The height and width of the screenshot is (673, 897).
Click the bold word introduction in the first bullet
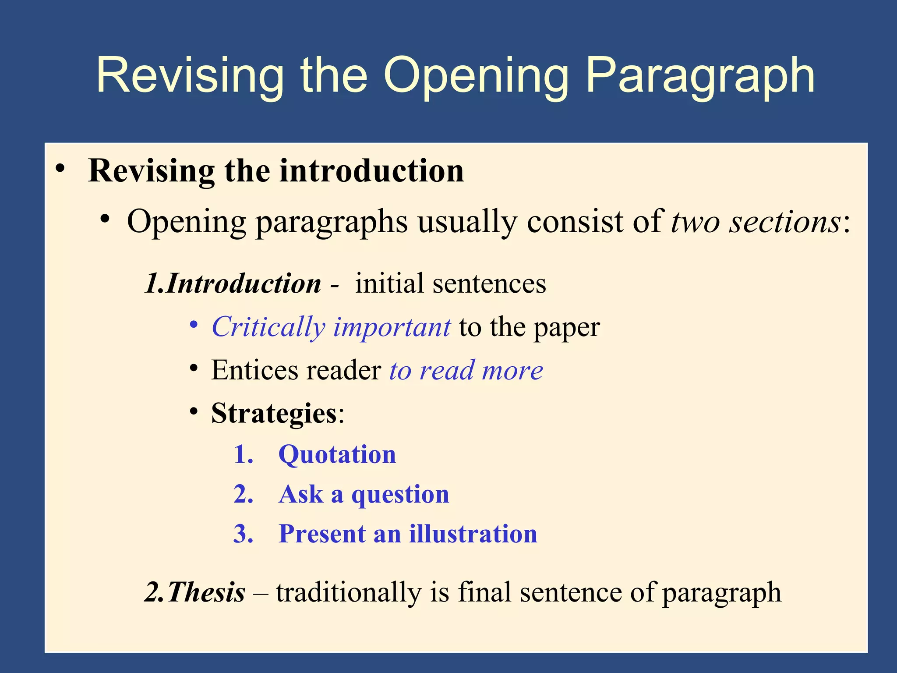coord(371,171)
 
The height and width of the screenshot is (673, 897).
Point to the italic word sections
coord(784,222)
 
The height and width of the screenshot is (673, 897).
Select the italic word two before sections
coord(696,222)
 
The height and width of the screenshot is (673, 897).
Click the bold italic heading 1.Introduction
coord(233,283)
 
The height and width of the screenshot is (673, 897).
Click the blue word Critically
coord(268,328)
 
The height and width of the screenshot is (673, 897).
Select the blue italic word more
coord(512,371)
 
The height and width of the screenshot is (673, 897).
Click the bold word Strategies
coord(274,414)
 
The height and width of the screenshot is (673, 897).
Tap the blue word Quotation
coord(337,455)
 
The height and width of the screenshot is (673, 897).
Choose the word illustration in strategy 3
coord(473,534)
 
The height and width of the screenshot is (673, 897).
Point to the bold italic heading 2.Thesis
coord(195,592)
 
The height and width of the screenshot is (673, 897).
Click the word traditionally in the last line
coord(349,592)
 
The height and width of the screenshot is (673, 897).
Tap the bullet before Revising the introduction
coord(60,168)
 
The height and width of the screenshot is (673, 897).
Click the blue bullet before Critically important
coord(194,325)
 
